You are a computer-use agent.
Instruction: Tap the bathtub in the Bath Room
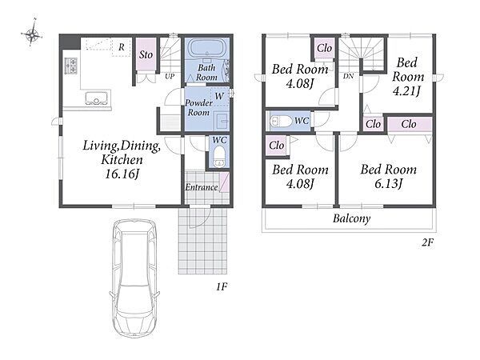(206, 48)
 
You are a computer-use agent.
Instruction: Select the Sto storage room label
(146, 54)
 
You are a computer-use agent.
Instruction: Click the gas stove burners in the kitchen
(70, 66)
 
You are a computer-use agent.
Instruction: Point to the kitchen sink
(97, 98)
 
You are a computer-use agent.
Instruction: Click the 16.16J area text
(122, 174)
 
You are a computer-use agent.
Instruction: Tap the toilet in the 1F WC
(219, 156)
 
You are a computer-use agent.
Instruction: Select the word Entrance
(202, 187)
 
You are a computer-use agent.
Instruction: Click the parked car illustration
(134, 278)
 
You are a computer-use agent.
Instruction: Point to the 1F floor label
(222, 287)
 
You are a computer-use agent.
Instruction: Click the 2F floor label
(428, 242)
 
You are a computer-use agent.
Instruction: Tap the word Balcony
(352, 218)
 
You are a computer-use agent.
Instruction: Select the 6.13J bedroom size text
(388, 184)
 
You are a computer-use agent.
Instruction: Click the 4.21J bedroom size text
(407, 90)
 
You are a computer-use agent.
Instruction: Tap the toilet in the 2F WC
(281, 121)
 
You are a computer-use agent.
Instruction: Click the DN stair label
(348, 76)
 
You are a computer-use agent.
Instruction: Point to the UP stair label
(170, 77)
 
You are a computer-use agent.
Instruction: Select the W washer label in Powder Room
(219, 96)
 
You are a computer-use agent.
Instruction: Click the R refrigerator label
(122, 47)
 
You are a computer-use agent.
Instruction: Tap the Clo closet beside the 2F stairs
(324, 48)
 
